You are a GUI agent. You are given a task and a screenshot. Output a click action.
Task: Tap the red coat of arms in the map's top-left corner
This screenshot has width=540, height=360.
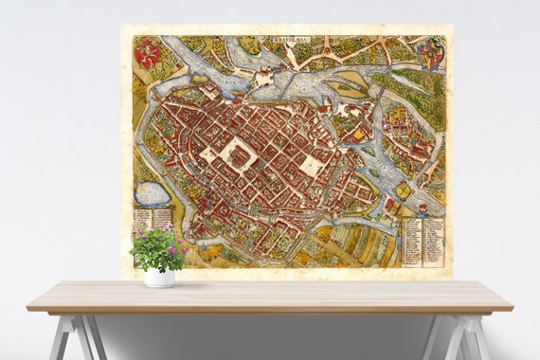pyautogui.click(x=147, y=54)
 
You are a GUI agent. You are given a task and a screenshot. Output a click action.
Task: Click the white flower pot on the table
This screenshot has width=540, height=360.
pyautogui.click(x=159, y=277)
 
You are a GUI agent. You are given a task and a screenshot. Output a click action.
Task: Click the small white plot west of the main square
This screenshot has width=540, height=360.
pyautogui.click(x=207, y=153)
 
